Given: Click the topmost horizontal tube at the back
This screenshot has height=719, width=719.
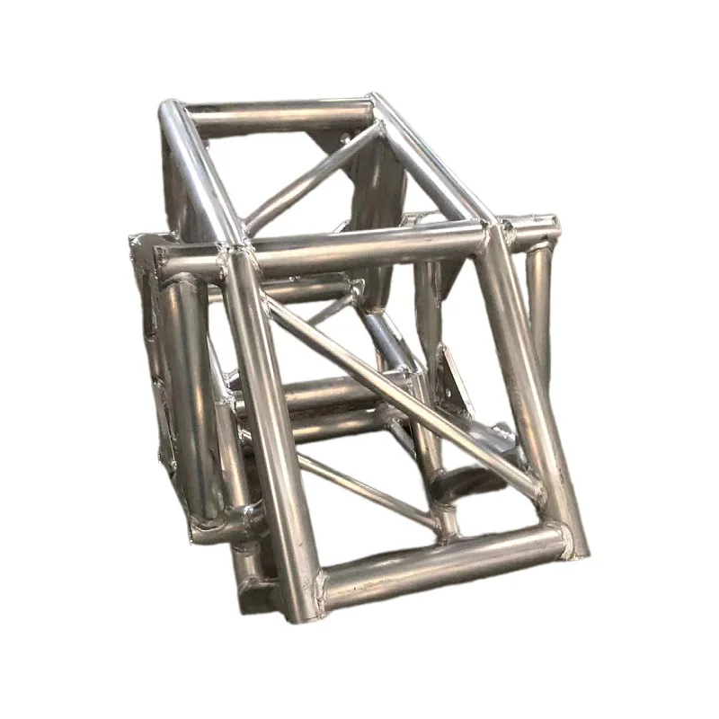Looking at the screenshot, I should tap(279, 114).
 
